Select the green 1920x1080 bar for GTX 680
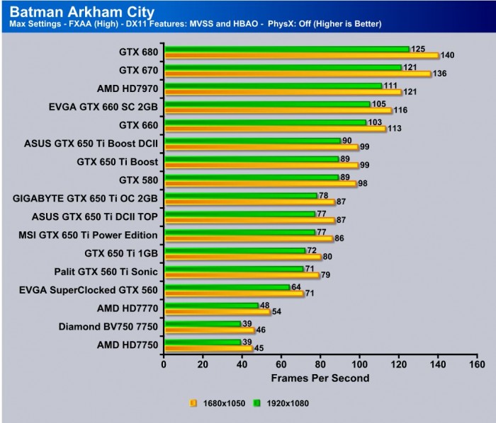pos(286,49)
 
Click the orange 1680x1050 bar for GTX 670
pos(297,74)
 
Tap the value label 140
pos(448,55)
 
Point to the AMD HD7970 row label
pos(127,88)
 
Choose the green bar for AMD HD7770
pos(210,306)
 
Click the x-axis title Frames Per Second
pos(320,378)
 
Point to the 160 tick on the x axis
pos(477,364)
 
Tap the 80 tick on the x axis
pos(320,364)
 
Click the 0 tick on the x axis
pos(164,364)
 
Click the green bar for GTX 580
pos(251,177)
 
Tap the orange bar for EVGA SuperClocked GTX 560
pos(233,294)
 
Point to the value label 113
pos(395,129)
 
